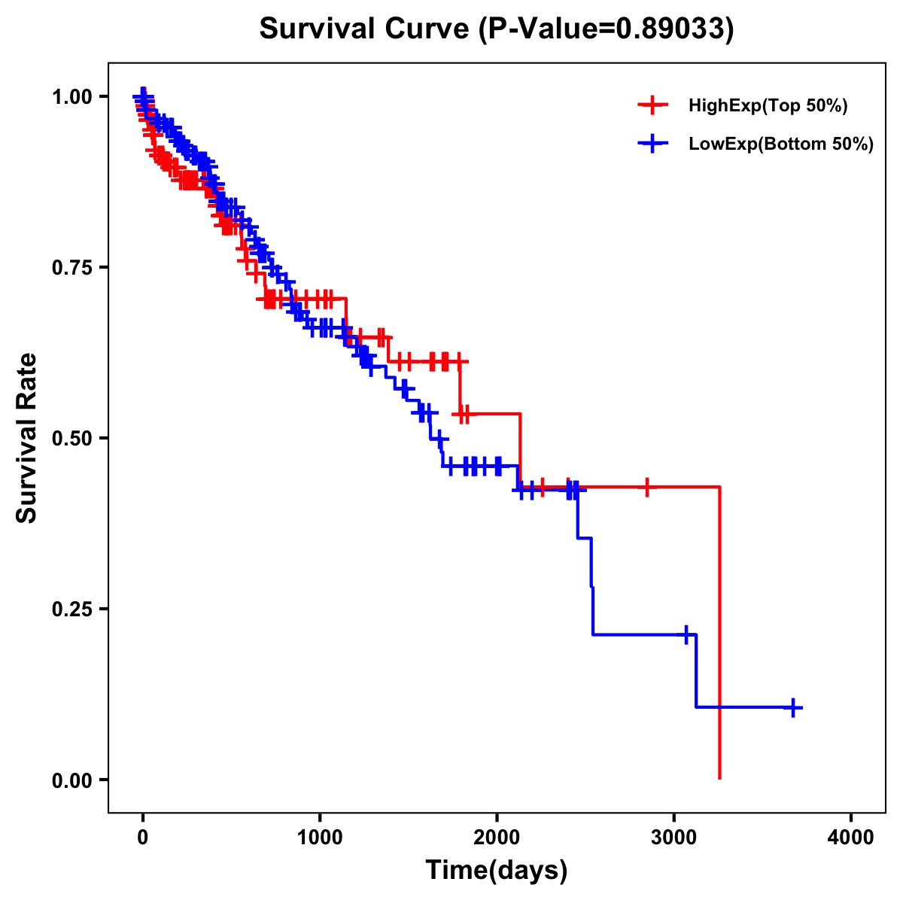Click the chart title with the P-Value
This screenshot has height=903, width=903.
pyautogui.click(x=496, y=29)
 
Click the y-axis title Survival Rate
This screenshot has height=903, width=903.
pyautogui.click(x=27, y=437)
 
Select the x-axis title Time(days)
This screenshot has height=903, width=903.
pyautogui.click(x=497, y=870)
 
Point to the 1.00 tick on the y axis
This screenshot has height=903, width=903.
pyautogui.click(x=72, y=96)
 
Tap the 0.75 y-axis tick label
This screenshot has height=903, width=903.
pyautogui.click(x=72, y=267)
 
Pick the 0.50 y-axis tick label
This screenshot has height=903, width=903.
pyautogui.click(x=72, y=438)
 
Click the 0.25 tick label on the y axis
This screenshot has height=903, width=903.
pyautogui.click(x=72, y=609)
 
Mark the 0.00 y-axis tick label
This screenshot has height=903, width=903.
pyautogui.click(x=72, y=780)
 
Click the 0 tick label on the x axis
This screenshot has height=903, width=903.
pyautogui.click(x=142, y=838)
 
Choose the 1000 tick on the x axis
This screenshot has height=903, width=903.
pyautogui.click(x=320, y=838)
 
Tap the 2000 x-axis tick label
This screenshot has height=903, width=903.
pyautogui.click(x=497, y=838)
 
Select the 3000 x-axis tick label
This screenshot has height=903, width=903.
pyautogui.click(x=674, y=838)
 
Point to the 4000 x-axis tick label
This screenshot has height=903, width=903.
pyautogui.click(x=851, y=838)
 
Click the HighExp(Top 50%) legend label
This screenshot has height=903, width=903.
pyautogui.click(x=768, y=106)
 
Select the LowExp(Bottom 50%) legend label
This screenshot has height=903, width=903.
pyautogui.click(x=781, y=144)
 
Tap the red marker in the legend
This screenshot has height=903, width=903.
pyautogui.click(x=652, y=106)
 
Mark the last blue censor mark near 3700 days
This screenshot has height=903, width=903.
pyautogui.click(x=793, y=707)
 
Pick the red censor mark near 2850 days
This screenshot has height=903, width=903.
pyautogui.click(x=646, y=488)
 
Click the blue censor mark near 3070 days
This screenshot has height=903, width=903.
pyautogui.click(x=686, y=634)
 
